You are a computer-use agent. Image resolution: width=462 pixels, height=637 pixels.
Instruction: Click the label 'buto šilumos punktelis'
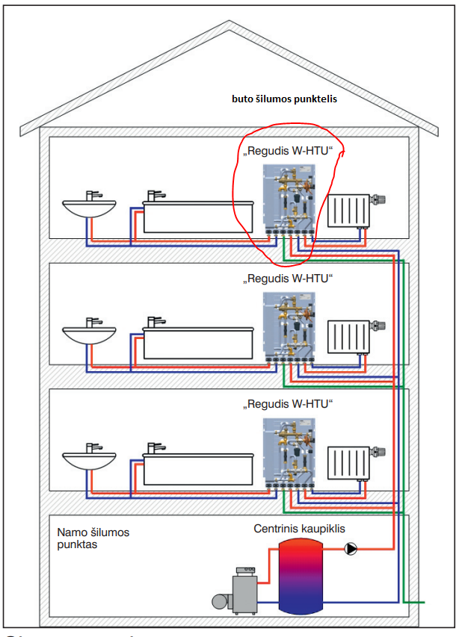coord(285,98)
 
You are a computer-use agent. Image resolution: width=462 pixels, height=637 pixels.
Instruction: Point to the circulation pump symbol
coord(351,550)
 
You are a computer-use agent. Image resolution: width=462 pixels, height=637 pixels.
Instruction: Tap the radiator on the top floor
coord(348,211)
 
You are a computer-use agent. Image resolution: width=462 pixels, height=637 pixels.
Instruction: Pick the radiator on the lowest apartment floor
coord(348,463)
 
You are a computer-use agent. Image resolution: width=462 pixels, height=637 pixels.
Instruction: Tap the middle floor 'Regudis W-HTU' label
coord(288,278)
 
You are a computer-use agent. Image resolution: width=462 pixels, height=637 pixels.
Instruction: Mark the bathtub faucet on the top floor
coord(155,195)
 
